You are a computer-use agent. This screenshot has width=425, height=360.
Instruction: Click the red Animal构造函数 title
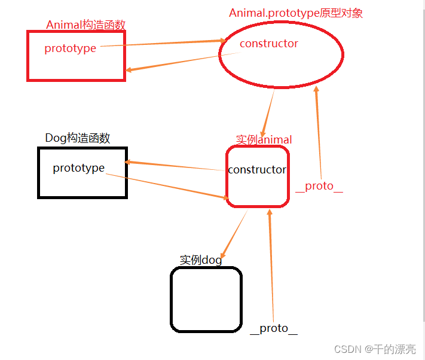pos(85,25)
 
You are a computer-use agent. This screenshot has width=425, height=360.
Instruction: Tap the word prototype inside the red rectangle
pos(70,48)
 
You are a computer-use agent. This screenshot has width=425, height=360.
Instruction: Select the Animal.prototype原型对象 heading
pos(295,13)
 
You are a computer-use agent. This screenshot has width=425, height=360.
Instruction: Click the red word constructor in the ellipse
pos(268,44)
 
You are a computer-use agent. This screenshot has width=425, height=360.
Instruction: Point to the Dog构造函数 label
pos(78,138)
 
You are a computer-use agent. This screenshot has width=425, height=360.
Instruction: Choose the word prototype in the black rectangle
pos(78,168)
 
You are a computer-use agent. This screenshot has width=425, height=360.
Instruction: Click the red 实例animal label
pos(264,140)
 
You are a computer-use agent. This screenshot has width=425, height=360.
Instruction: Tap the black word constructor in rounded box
pos(257,170)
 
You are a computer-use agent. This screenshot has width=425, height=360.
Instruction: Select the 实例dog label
pos(200,260)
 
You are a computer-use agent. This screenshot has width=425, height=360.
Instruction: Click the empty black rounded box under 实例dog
pos(206,299)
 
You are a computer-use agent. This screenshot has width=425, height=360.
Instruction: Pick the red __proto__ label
pos(319,186)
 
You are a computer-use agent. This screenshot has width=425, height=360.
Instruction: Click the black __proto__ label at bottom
pos(273,328)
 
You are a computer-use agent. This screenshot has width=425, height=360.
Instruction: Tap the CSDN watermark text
pos(375,349)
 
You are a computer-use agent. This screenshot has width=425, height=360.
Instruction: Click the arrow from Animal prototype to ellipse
pos(161,43)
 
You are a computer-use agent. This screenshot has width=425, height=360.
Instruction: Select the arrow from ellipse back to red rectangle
pos(179,62)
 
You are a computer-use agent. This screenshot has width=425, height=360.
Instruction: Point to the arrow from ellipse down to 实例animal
pos(267,114)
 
